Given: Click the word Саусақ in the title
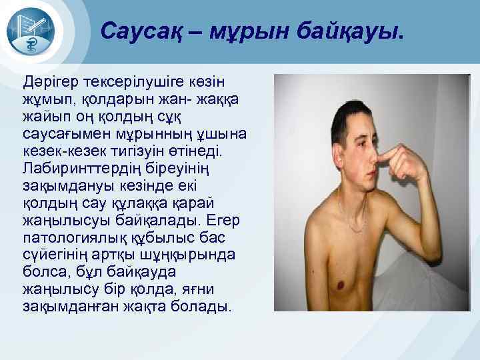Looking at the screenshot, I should (x=137, y=31).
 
